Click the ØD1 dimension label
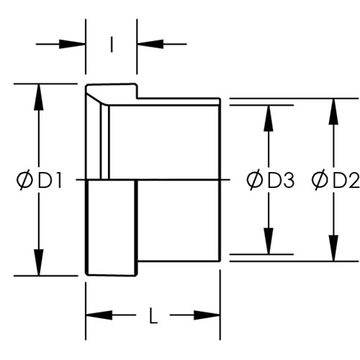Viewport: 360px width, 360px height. [x=39, y=180]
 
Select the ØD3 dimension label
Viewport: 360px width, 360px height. [x=270, y=180]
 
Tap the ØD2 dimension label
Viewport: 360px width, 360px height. [x=336, y=180]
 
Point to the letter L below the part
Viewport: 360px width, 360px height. [x=153, y=315]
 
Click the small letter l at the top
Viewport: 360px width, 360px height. [x=112, y=44]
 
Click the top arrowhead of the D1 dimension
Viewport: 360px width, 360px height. [x=39, y=97]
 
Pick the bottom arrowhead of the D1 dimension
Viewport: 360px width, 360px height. [x=39, y=262]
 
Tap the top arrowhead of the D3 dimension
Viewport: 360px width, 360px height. [x=269, y=118]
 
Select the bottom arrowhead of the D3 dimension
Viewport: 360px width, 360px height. [x=269, y=240]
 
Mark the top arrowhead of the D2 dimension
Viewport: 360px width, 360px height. [x=333, y=112]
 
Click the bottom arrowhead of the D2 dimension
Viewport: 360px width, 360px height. [x=333, y=248]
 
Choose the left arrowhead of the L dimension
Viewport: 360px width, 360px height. [x=99, y=315]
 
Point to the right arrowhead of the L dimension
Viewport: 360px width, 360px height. [x=207, y=315]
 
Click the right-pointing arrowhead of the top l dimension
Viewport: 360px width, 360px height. [x=72, y=44]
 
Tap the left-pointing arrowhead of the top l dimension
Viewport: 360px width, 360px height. [x=150, y=44]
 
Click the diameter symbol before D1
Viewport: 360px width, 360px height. [x=24, y=180]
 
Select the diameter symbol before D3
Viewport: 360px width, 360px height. [x=255, y=180]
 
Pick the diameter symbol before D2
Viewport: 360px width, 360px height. [x=320, y=180]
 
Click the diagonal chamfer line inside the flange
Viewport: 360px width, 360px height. [x=96, y=99]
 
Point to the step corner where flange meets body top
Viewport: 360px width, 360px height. [x=138, y=98]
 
